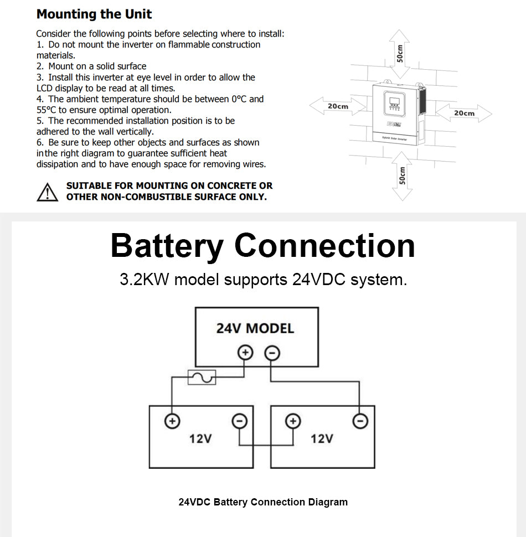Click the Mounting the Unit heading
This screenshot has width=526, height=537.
94,14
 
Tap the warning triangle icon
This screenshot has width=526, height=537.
48,192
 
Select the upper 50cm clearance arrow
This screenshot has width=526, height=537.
400,54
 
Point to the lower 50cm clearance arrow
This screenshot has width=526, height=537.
403,176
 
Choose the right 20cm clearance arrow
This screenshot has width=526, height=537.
464,113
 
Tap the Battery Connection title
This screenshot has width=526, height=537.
262,246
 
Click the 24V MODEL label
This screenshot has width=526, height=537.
255,328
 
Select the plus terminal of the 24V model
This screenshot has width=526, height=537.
245,353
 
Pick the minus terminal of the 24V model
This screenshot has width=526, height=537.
271,353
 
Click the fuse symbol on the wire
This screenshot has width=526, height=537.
202,378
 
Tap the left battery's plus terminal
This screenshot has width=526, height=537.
172,421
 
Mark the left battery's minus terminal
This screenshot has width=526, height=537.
239,421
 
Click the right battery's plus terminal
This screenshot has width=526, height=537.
293,421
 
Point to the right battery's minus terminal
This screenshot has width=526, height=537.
360,421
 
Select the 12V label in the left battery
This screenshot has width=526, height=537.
200,439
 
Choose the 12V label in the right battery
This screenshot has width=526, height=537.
322,439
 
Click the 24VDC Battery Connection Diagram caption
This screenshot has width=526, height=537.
263,502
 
